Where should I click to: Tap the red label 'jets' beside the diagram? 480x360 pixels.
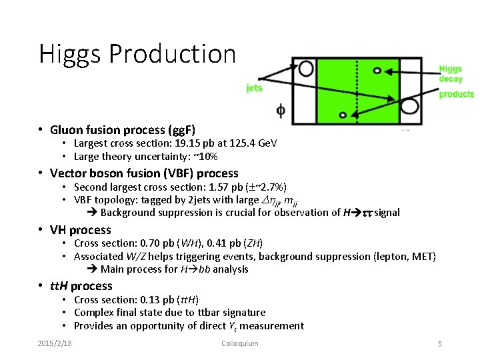tap(254, 87)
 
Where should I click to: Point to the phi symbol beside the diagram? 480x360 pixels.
tap(280, 111)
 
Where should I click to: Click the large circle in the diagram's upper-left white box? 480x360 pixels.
tap(306, 68)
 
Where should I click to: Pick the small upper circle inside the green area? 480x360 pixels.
tap(377, 70)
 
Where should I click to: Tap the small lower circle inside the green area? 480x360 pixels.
tap(343, 115)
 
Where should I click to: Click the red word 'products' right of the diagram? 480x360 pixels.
tap(456, 94)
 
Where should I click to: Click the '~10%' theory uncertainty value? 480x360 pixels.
tap(207, 157)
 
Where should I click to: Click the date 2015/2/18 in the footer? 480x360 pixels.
tap(55, 343)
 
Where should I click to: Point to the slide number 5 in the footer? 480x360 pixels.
tap(439, 344)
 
